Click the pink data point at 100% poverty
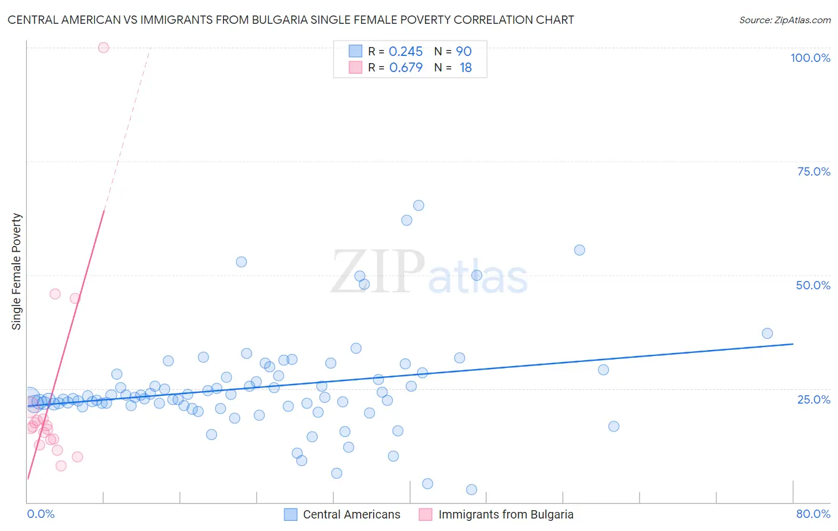[x=103, y=48]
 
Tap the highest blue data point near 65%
[x=418, y=205]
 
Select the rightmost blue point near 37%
[x=767, y=333]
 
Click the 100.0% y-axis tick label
[x=810, y=58]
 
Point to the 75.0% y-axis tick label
[x=814, y=171]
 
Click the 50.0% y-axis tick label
[x=813, y=285]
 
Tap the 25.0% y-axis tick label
[x=814, y=399]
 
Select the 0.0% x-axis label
[x=41, y=514]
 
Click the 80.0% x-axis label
[x=813, y=514]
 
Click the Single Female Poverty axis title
[x=17, y=271]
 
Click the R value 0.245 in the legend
[x=405, y=52]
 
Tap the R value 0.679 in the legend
[x=405, y=68]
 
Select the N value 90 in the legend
[x=464, y=52]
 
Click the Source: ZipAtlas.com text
[x=784, y=20]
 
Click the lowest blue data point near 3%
[x=471, y=489]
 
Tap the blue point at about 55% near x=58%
[x=579, y=250]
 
